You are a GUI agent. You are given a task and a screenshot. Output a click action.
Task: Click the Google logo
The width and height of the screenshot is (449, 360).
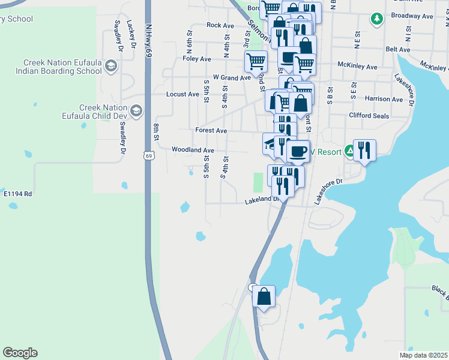tap(20, 353)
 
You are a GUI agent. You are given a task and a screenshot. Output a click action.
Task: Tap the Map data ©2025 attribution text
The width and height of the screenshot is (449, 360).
tap(424, 355)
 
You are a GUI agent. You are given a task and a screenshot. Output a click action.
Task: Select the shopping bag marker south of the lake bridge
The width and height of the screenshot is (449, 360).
tap(264, 296)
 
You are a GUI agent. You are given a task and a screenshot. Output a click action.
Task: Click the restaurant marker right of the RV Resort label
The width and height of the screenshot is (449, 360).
tap(364, 151)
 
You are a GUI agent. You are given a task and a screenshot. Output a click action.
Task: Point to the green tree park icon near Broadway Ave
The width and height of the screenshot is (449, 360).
tap(377, 19)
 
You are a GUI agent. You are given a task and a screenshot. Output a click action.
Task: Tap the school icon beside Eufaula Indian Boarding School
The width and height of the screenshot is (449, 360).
tap(111, 65)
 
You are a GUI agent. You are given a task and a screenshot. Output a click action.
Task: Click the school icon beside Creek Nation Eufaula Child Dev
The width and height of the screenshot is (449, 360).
tap(136, 110)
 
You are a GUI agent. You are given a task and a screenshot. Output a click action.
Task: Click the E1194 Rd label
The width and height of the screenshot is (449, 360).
tap(17, 194)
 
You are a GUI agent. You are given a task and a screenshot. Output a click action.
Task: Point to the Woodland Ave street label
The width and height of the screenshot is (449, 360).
tap(193, 150)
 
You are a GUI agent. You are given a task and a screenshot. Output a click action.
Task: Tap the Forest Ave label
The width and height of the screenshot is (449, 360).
tap(211, 130)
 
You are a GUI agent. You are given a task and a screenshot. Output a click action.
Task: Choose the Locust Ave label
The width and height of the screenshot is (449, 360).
tap(182, 94)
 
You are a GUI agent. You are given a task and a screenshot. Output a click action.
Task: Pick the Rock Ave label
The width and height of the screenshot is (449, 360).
tap(220, 25)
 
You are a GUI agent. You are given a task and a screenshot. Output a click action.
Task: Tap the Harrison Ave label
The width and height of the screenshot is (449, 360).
tap(384, 99)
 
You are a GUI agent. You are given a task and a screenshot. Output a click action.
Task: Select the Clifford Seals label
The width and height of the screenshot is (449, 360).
tap(369, 116)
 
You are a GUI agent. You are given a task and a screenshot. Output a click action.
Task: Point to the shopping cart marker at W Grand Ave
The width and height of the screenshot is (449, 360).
tap(256, 62)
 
